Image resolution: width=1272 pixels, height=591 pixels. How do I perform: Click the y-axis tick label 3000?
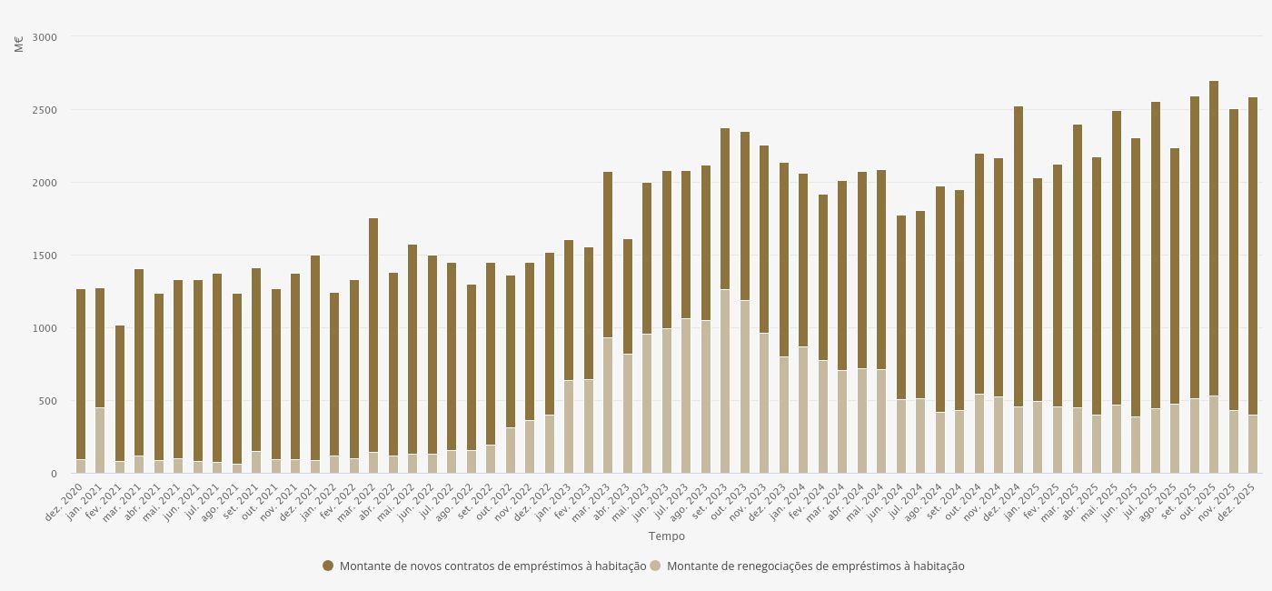tap(43, 37)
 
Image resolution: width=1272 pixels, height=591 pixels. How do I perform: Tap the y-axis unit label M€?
tap(19, 43)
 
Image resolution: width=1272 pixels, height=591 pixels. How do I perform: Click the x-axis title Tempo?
tap(666, 536)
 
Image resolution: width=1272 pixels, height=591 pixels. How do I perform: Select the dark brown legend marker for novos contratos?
tap(328, 566)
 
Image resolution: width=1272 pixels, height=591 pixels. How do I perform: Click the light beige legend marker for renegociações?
tap(655, 566)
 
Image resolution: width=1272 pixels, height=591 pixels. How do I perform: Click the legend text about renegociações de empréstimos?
tap(815, 566)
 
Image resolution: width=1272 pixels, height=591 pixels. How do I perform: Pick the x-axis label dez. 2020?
tap(65, 501)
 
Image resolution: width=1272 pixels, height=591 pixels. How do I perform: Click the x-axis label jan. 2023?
tap(554, 501)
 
